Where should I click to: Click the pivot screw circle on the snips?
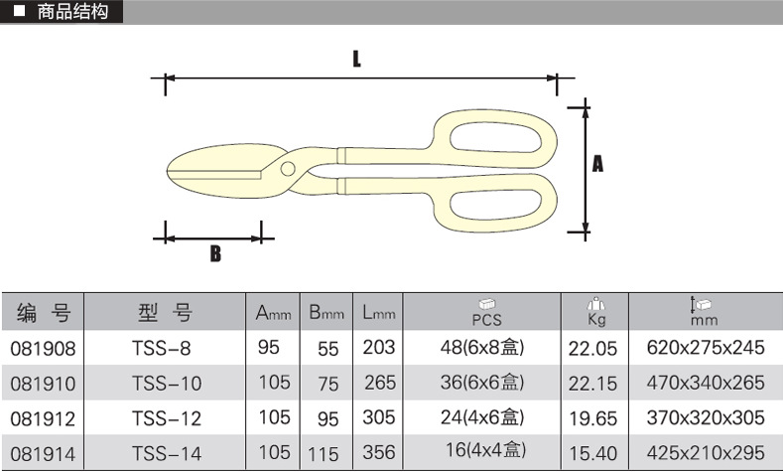point(288,169)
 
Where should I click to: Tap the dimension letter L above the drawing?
point(356,59)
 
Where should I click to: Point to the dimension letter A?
point(597,164)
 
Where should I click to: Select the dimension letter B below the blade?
point(215,253)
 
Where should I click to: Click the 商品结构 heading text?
point(72,12)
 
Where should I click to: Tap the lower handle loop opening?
point(496,204)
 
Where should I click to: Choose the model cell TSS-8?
point(162,348)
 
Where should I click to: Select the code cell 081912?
point(43,418)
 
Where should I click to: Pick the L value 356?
point(379,452)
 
